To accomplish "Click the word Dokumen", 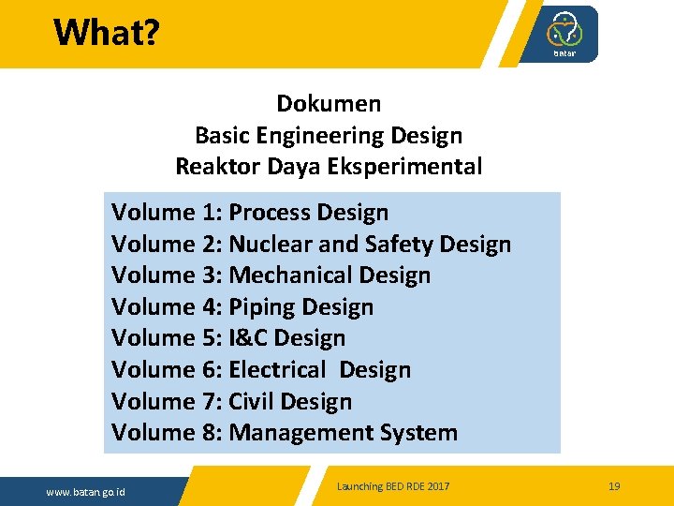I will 329,103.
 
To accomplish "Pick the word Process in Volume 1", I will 269,213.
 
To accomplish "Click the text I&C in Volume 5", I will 249,338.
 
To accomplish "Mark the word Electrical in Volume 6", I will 278,370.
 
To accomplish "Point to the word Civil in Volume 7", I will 251,401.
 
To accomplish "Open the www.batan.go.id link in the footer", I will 87,492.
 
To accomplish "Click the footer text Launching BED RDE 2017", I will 393,486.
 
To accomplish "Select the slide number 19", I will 614,486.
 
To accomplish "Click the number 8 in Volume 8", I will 209,433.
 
